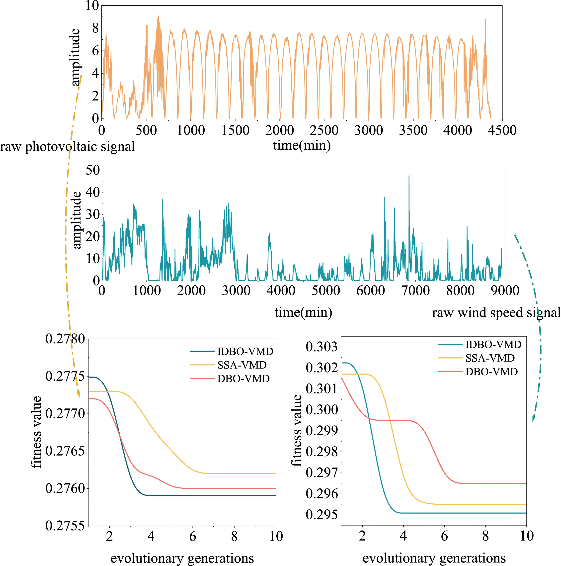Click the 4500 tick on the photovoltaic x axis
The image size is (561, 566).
(x=502, y=130)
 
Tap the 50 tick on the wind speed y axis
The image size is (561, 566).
(x=93, y=170)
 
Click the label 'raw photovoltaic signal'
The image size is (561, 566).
(x=67, y=146)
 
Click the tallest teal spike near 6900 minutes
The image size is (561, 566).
(x=409, y=176)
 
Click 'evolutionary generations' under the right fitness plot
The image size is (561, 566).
(x=434, y=558)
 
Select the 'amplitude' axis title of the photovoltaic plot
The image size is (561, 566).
(x=75, y=57)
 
